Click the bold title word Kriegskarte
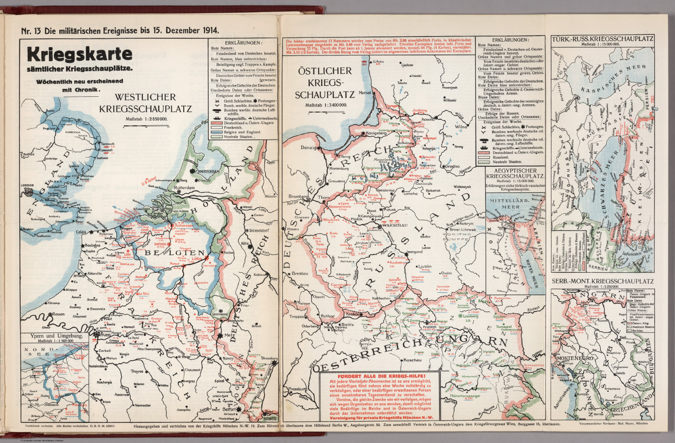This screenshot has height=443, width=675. pos(79,55)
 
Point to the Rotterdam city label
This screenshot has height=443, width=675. pos(183,188)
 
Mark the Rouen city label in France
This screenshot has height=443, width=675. pos(58,314)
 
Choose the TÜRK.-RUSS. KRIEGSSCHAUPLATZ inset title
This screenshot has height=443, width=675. pos(602,39)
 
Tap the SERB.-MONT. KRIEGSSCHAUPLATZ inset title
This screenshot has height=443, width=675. pos(602,281)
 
